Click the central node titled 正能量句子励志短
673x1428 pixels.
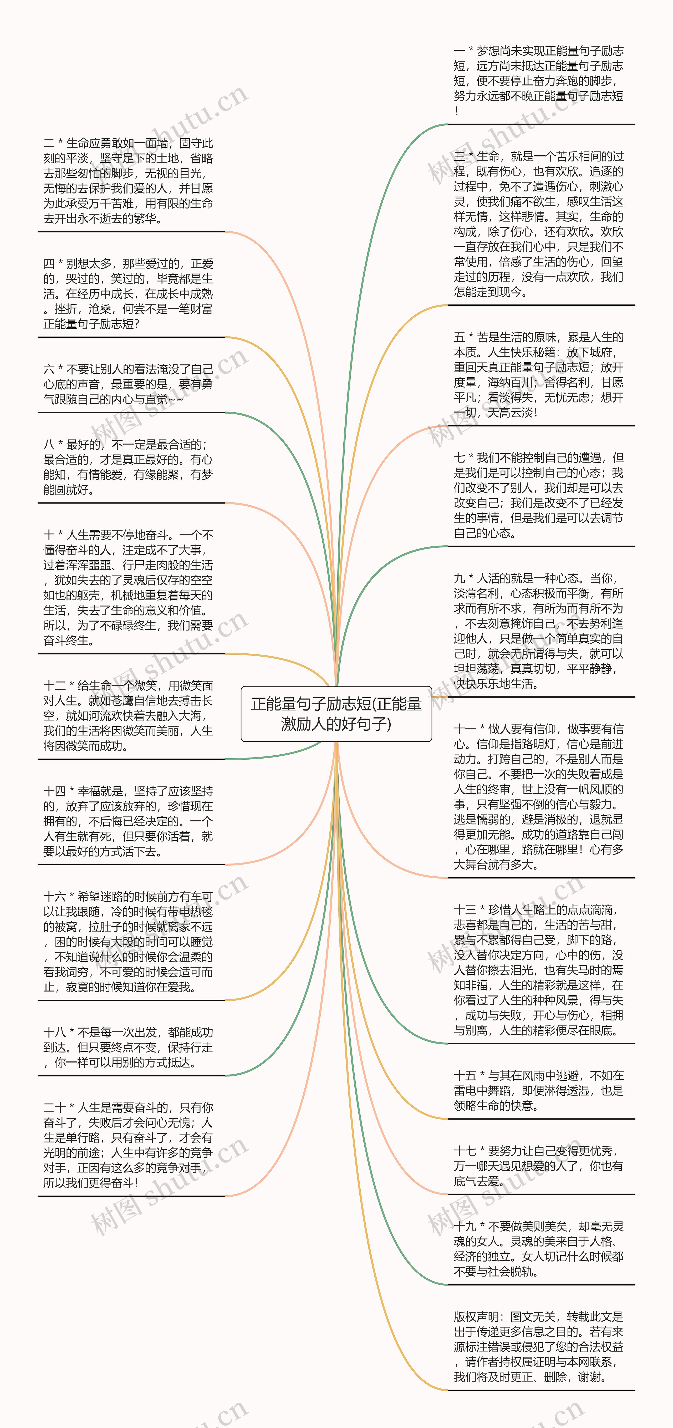[336, 713]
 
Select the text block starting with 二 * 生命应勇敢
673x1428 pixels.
[128, 181]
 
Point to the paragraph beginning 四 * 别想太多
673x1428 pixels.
[128, 294]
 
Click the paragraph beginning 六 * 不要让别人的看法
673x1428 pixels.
[128, 384]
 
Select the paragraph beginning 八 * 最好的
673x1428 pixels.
[128, 467]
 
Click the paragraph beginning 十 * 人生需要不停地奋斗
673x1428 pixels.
[128, 588]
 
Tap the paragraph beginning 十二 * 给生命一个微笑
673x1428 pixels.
[128, 716]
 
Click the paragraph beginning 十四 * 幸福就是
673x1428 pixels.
[128, 821]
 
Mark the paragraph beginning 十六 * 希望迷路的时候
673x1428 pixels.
[128, 942]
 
